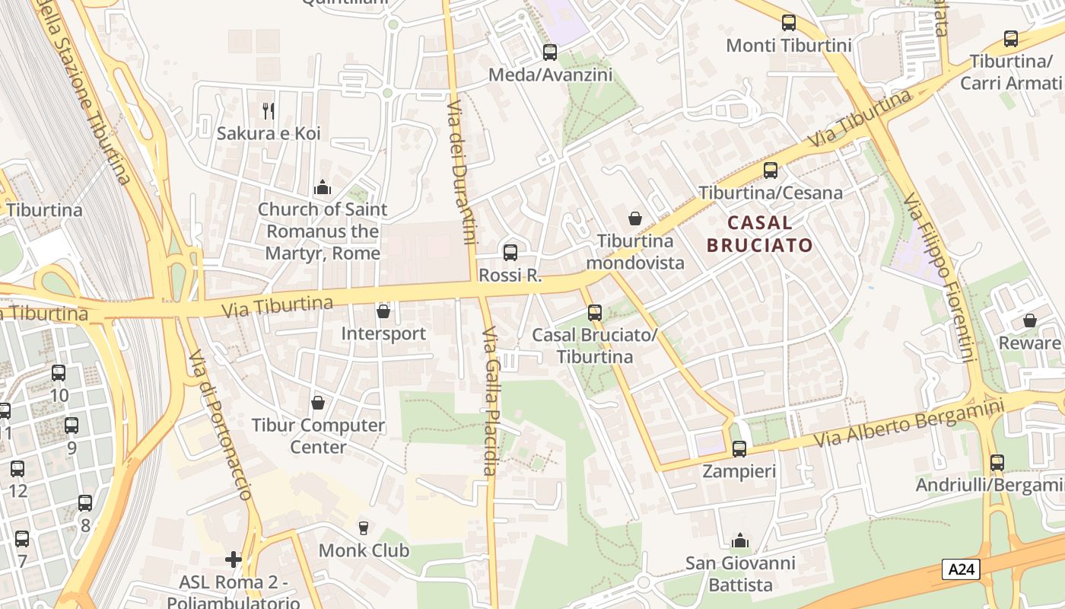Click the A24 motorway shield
coord(961,569)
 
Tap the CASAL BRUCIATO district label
coord(759,234)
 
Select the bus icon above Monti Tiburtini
coord(789,23)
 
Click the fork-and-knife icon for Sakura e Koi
coord(268,111)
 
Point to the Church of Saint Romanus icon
coord(323,187)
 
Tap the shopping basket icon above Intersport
coord(383,311)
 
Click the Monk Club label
coord(364,550)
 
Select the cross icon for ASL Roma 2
coord(234,560)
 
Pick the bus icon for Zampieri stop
coord(739,449)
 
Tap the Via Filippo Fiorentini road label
coord(939,278)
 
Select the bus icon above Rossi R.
coord(510,252)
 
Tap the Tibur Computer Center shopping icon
coord(318,403)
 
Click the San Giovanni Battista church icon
coord(739,541)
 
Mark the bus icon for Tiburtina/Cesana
coord(771,170)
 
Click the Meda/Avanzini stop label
coord(550,75)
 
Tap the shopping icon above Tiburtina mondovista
coord(635,219)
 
